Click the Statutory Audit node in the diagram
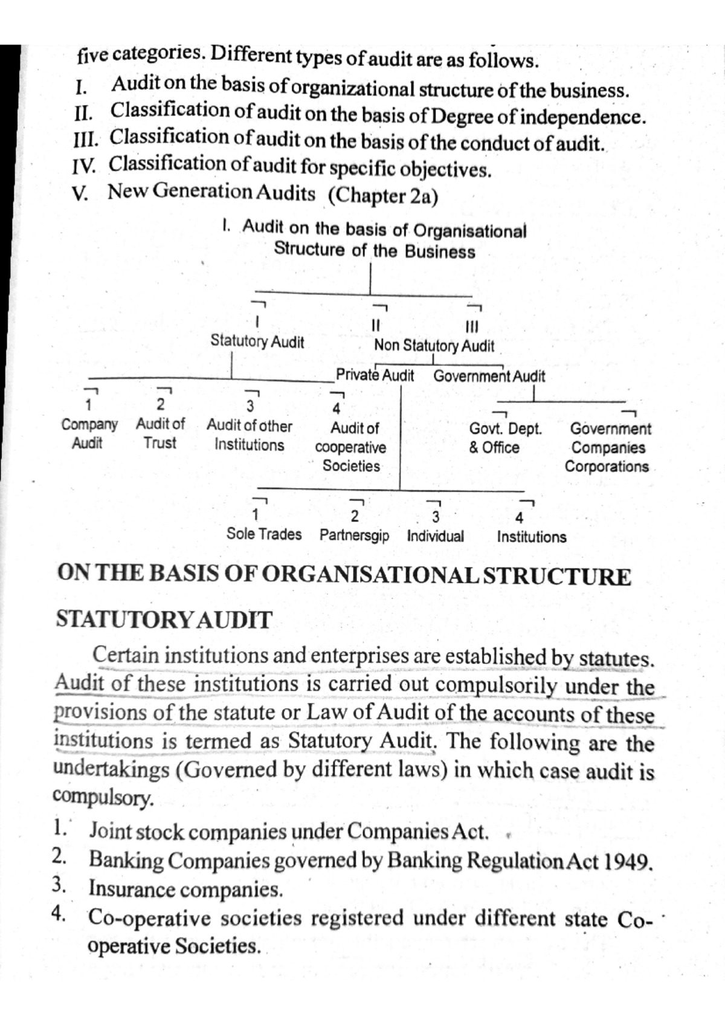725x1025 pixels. [257, 341]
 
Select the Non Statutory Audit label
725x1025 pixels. [434, 346]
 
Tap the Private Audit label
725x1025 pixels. [375, 375]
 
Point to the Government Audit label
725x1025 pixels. [489, 376]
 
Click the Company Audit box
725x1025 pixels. [89, 433]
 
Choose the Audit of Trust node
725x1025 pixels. [160, 433]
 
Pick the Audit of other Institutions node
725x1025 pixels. [250, 435]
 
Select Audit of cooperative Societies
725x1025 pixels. [351, 447]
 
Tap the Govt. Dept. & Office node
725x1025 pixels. [504, 438]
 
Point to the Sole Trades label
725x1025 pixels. [264, 534]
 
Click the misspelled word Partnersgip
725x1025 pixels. [354, 535]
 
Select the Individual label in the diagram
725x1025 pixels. [435, 536]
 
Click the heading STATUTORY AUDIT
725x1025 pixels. [164, 619]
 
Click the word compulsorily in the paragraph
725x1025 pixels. [496, 685]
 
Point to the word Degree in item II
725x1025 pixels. [465, 116]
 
